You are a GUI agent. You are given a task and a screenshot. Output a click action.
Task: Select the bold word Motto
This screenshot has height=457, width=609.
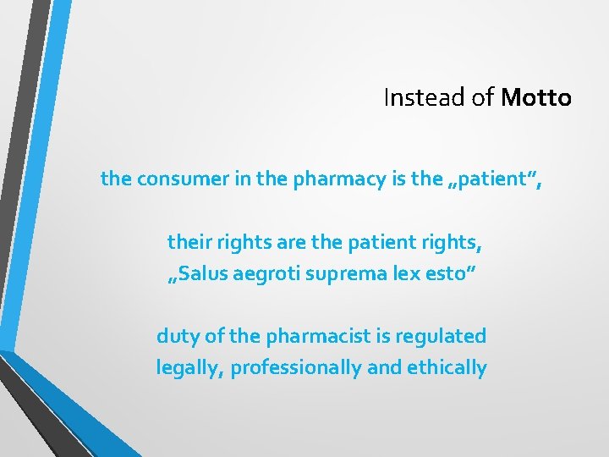tap(536, 98)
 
